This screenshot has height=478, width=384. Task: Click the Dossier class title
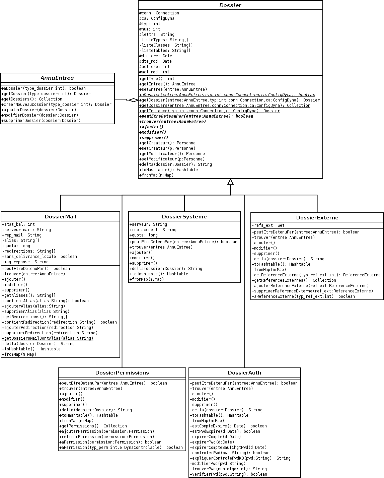click(230, 5)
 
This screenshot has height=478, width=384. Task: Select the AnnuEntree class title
click(57, 78)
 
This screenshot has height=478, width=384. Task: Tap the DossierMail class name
click(60, 217)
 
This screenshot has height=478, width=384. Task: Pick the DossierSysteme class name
click(184, 217)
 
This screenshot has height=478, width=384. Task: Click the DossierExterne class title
click(317, 218)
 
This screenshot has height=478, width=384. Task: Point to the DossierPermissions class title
click(122, 373)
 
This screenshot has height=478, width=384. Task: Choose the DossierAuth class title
click(244, 373)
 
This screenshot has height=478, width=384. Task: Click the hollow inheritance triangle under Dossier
click(230, 182)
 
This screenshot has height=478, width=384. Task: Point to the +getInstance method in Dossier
click(210, 111)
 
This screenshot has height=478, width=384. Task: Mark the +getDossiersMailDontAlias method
click(48, 338)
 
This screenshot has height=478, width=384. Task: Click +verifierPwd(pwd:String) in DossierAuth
click(228, 474)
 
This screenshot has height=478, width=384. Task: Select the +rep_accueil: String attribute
click(153, 230)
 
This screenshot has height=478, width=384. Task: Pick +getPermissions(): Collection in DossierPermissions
click(93, 426)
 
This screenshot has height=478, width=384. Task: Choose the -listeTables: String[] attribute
click(165, 51)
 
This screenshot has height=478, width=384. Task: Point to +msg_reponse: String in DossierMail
click(25, 262)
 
